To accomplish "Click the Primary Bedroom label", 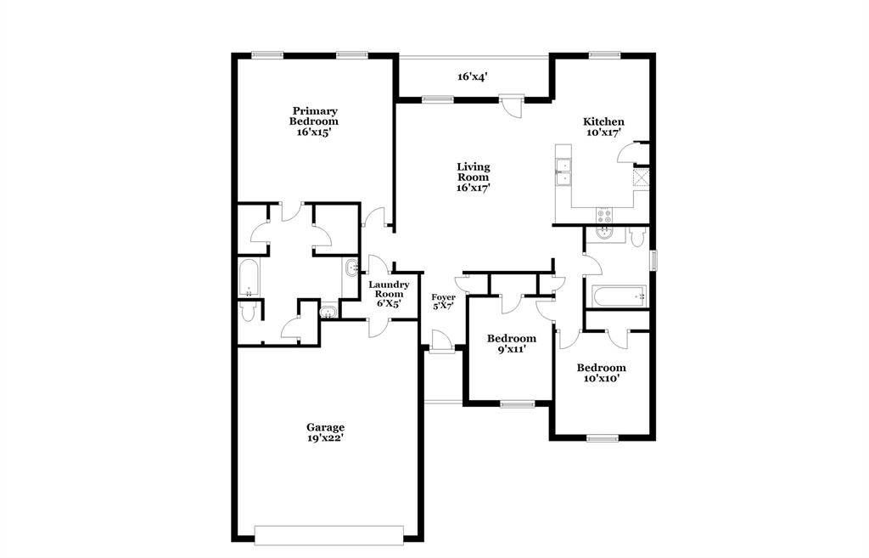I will coord(315,121).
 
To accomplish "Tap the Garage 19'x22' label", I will coord(325,432).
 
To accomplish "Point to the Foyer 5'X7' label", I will coord(443,302).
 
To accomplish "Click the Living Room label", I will coord(473,177).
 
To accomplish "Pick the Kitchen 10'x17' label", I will coord(603,127).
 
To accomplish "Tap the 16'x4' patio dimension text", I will coord(472,76).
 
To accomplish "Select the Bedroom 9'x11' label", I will coord(511,343).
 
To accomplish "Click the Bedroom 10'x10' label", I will coord(602,373).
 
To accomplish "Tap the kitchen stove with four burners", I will coord(604,216).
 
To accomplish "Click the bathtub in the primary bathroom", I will coord(249,278).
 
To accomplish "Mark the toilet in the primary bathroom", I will coord(248,312).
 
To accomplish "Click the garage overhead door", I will coord(329,535).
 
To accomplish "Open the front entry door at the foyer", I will coord(440,344).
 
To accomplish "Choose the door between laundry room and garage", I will coord(377,324).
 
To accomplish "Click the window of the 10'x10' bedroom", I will coord(603,438).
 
